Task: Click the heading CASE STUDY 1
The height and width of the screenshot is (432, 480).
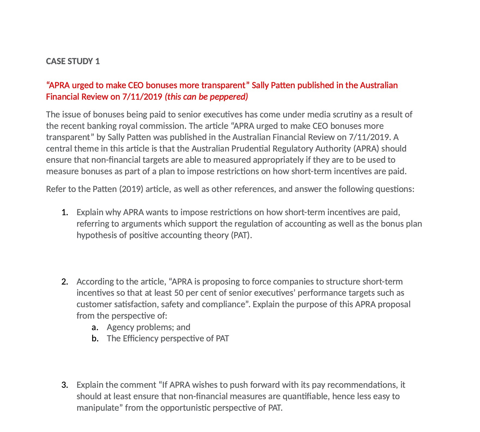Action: (73, 61)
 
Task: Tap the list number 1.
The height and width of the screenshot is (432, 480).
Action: (65, 212)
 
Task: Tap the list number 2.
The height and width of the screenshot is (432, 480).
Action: (65, 282)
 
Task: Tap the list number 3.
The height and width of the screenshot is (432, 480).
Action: (65, 385)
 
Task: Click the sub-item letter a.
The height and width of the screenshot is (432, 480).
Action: (95, 327)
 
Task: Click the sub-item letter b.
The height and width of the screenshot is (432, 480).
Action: (95, 338)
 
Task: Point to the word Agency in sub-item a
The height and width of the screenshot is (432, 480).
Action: (120, 327)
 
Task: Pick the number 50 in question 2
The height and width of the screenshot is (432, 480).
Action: (179, 293)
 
